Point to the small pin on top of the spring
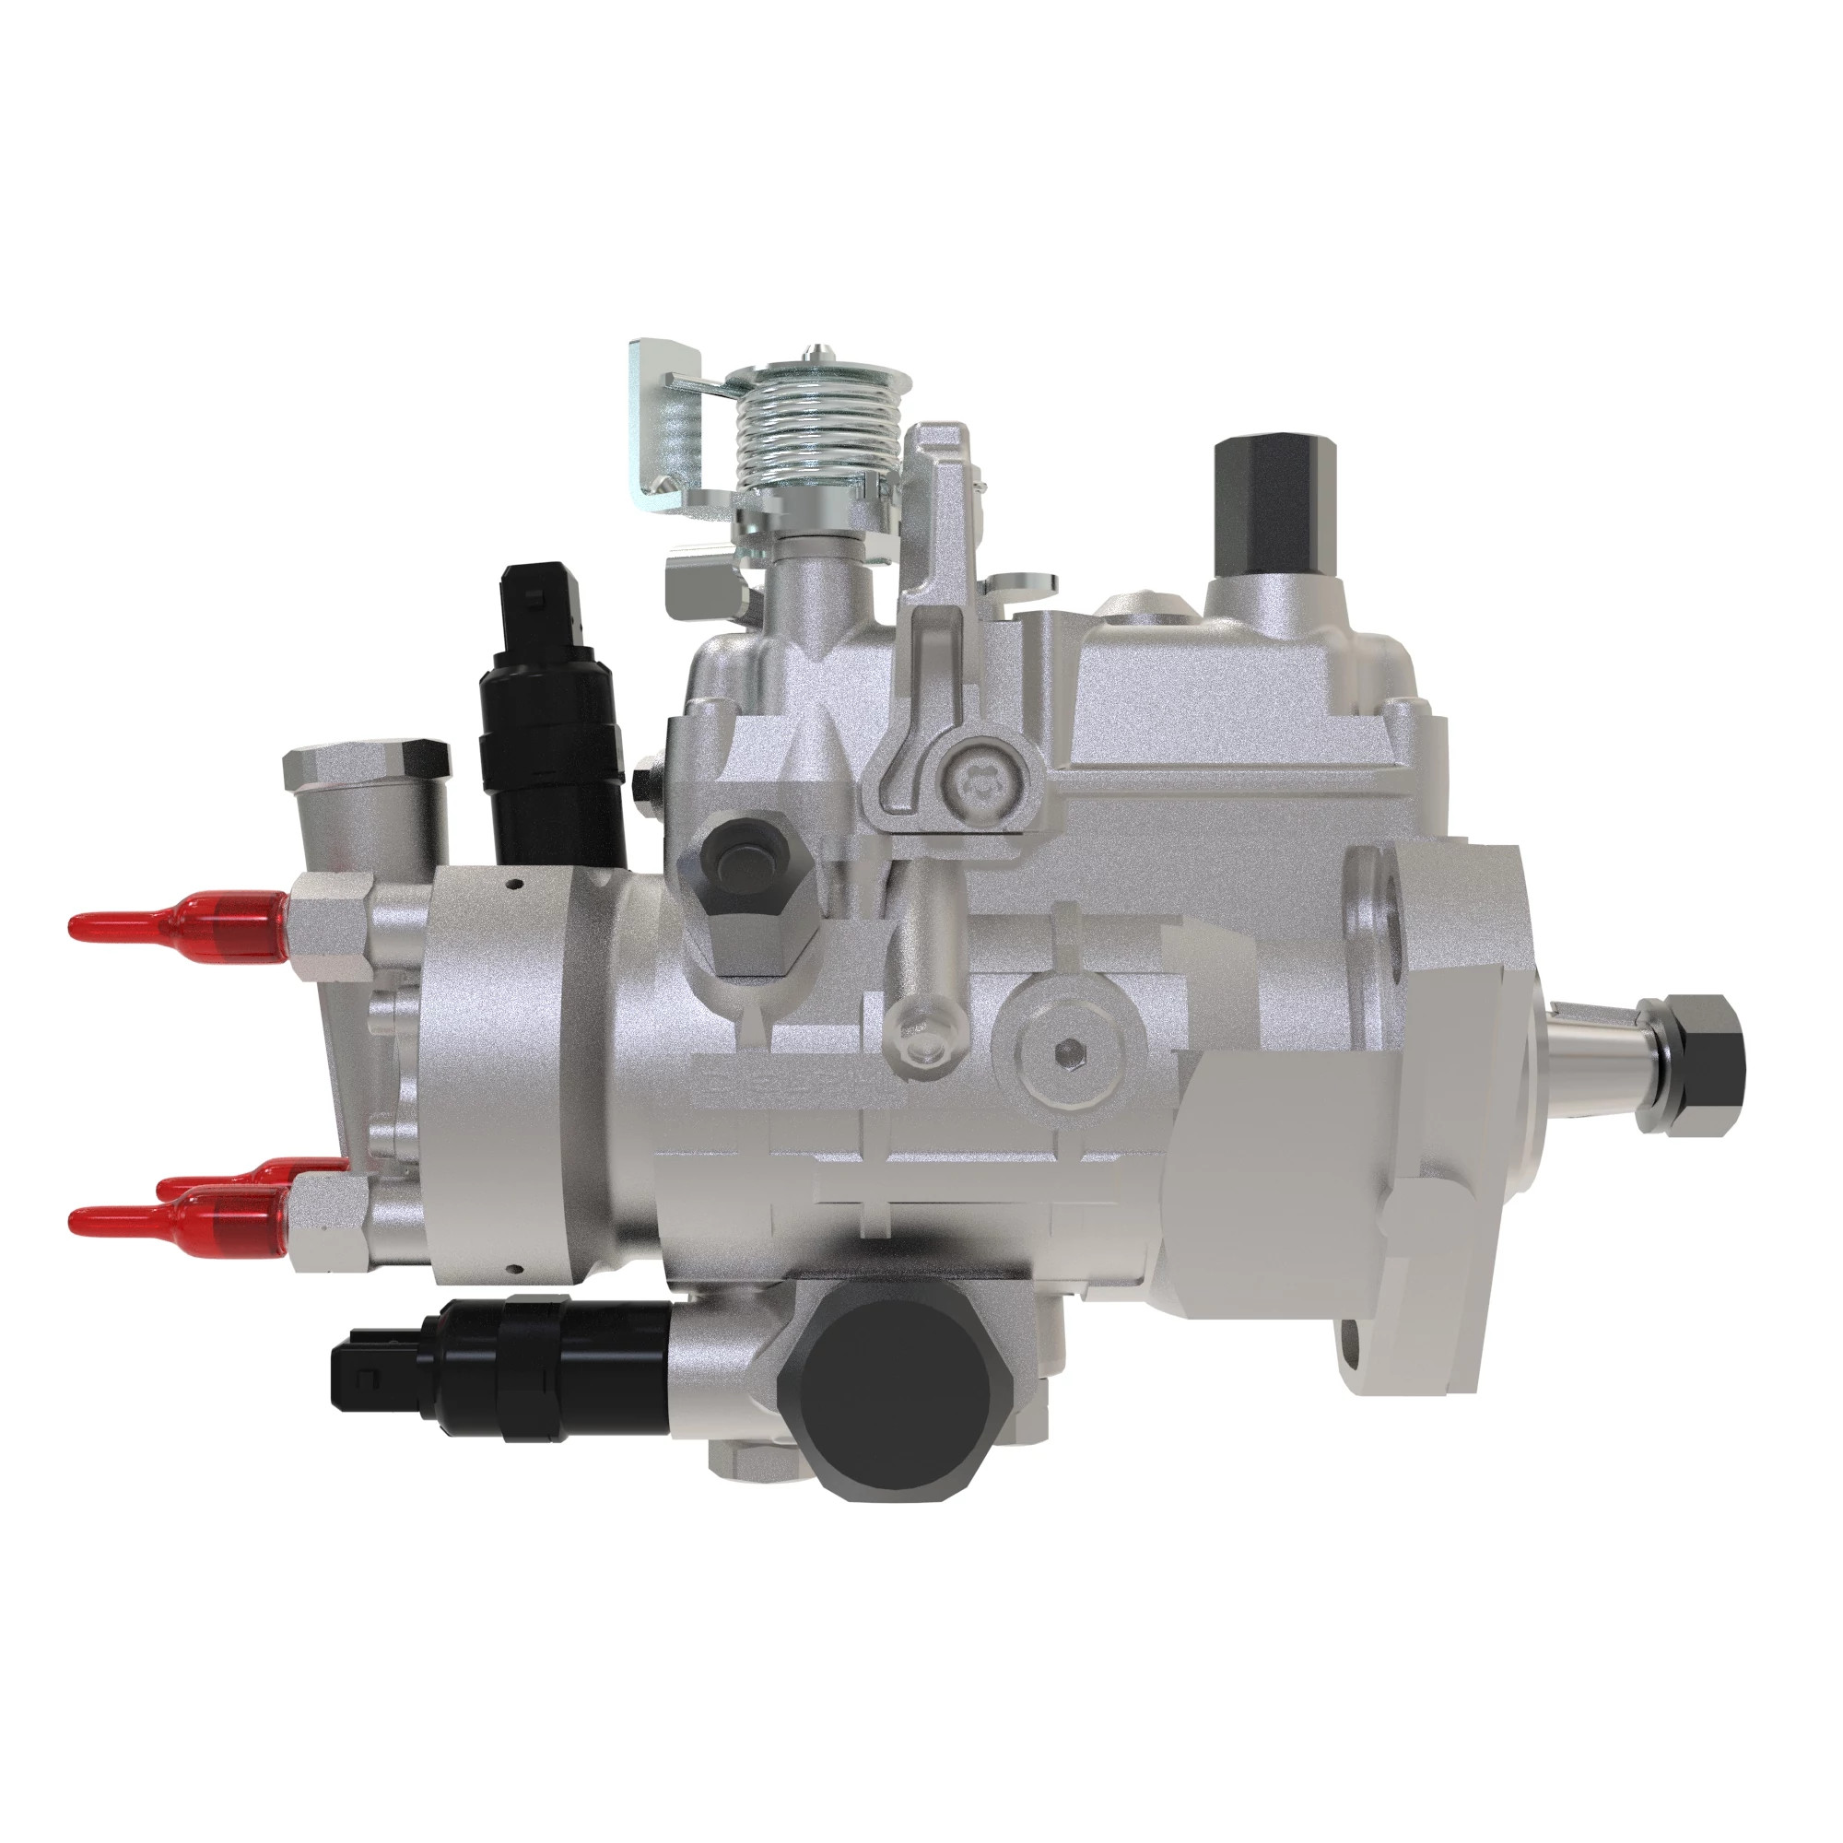(x=814, y=350)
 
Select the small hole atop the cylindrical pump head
(x=516, y=885)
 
